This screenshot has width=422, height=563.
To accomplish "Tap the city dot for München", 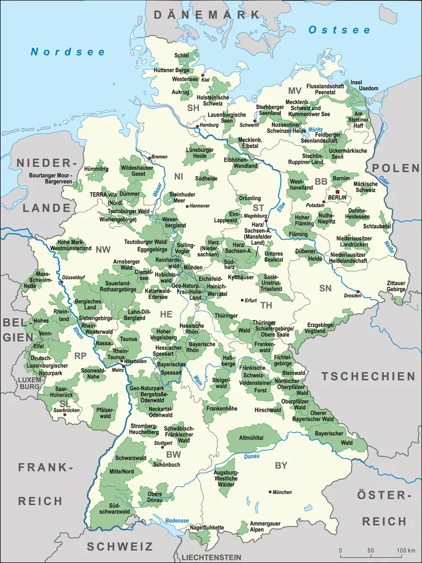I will (270, 492).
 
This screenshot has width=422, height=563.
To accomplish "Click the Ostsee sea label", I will (339, 30).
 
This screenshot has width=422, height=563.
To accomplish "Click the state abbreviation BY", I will (281, 465).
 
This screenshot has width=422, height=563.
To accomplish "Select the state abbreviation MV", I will (295, 91).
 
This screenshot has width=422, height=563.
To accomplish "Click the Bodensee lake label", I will (177, 521).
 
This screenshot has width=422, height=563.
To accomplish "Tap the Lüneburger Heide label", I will (199, 153).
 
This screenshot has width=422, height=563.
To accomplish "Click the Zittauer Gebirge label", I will (396, 285).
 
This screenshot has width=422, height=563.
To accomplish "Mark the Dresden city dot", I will (358, 291).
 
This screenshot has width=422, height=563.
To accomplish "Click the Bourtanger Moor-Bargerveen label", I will (51, 178).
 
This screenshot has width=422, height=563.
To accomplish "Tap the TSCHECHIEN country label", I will (368, 376).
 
